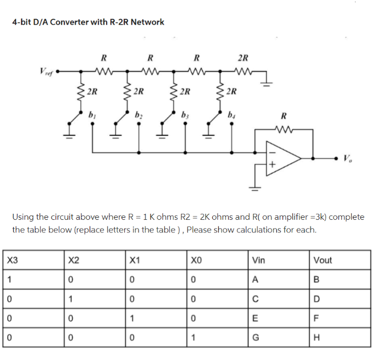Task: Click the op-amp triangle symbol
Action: tap(283, 157)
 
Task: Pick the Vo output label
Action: tap(347, 159)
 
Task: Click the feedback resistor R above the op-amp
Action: tap(283, 131)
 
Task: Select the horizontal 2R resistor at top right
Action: tap(242, 70)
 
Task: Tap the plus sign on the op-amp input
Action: tap(271, 164)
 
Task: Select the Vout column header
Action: tap(323, 261)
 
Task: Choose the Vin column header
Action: tap(258, 261)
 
